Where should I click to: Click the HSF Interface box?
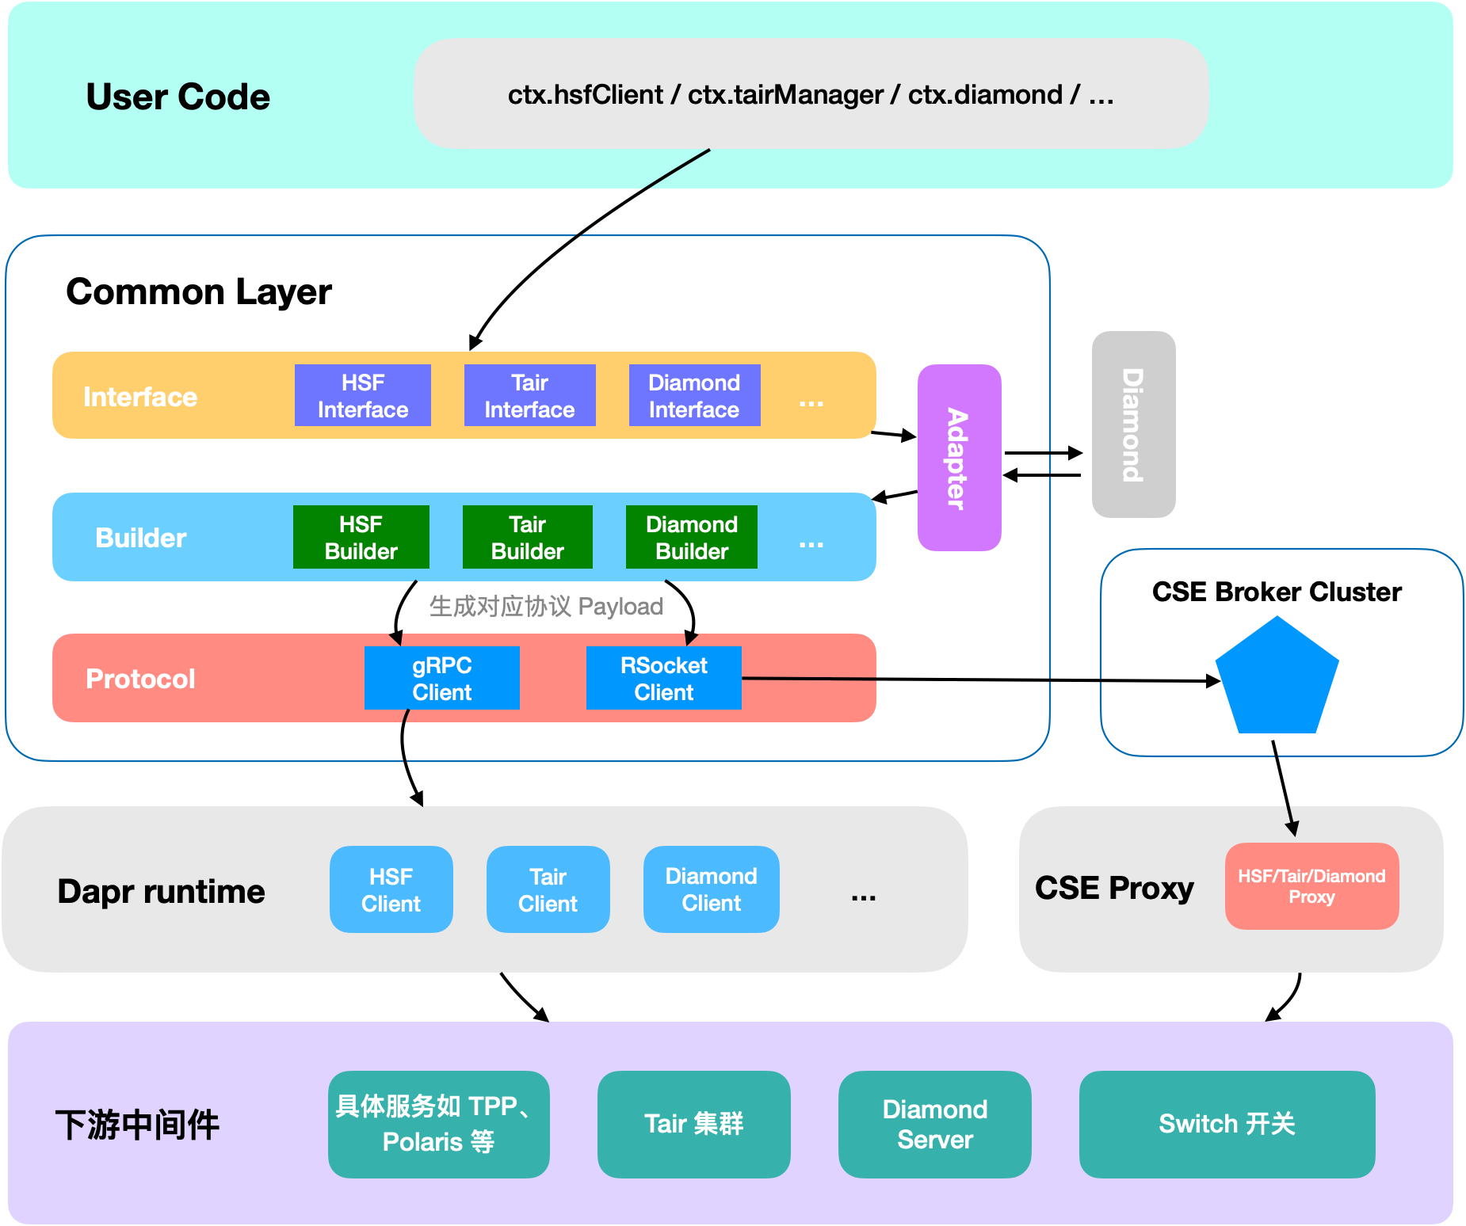[362, 395]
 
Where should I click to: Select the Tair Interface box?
[529, 395]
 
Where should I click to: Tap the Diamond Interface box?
[694, 395]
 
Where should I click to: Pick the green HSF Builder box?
[361, 537]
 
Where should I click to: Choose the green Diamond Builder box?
[691, 537]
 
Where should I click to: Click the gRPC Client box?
[441, 678]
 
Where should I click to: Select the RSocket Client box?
[663, 678]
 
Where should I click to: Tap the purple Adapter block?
[959, 458]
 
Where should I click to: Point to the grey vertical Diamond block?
[1133, 425]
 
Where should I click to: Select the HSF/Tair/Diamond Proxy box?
[1311, 886]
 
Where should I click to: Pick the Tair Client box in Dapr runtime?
[548, 889]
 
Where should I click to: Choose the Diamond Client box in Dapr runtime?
[711, 889]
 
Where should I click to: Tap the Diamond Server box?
[934, 1124]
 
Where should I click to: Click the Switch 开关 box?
[1227, 1124]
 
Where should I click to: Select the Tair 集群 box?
[693, 1124]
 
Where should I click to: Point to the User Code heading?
[178, 97]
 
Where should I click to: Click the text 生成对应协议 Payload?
[546, 607]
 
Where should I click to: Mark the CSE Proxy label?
[1113, 888]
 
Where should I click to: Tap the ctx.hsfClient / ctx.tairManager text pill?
[811, 94]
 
